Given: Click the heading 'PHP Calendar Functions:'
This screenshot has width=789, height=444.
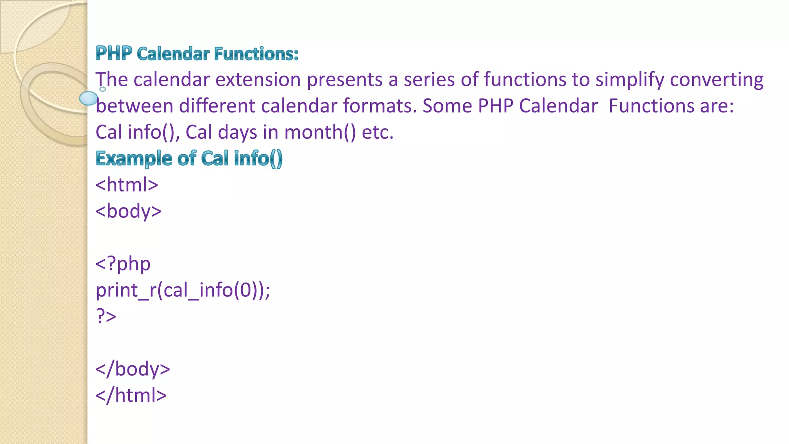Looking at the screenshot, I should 197,54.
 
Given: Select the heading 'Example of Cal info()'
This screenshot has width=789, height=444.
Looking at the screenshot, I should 189,158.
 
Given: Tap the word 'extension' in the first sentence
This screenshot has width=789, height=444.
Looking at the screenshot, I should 258,80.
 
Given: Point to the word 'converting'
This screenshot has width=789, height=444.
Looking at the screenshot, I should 717,80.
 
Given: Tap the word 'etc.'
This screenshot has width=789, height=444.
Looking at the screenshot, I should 378,132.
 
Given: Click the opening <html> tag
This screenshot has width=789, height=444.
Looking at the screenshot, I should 127,185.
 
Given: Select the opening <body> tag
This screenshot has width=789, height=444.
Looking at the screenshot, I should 129,211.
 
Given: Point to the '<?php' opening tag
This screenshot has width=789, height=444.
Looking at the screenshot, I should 123,264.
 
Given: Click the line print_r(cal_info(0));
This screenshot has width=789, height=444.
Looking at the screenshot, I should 183,290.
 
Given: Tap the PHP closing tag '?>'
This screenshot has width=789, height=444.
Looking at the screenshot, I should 106,316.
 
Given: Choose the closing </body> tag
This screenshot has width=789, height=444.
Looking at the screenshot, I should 133,369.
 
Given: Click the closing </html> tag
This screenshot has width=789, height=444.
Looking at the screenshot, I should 131,395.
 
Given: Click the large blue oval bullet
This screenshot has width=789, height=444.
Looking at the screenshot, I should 89,98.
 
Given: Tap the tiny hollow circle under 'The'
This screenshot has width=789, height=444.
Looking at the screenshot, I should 102,89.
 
